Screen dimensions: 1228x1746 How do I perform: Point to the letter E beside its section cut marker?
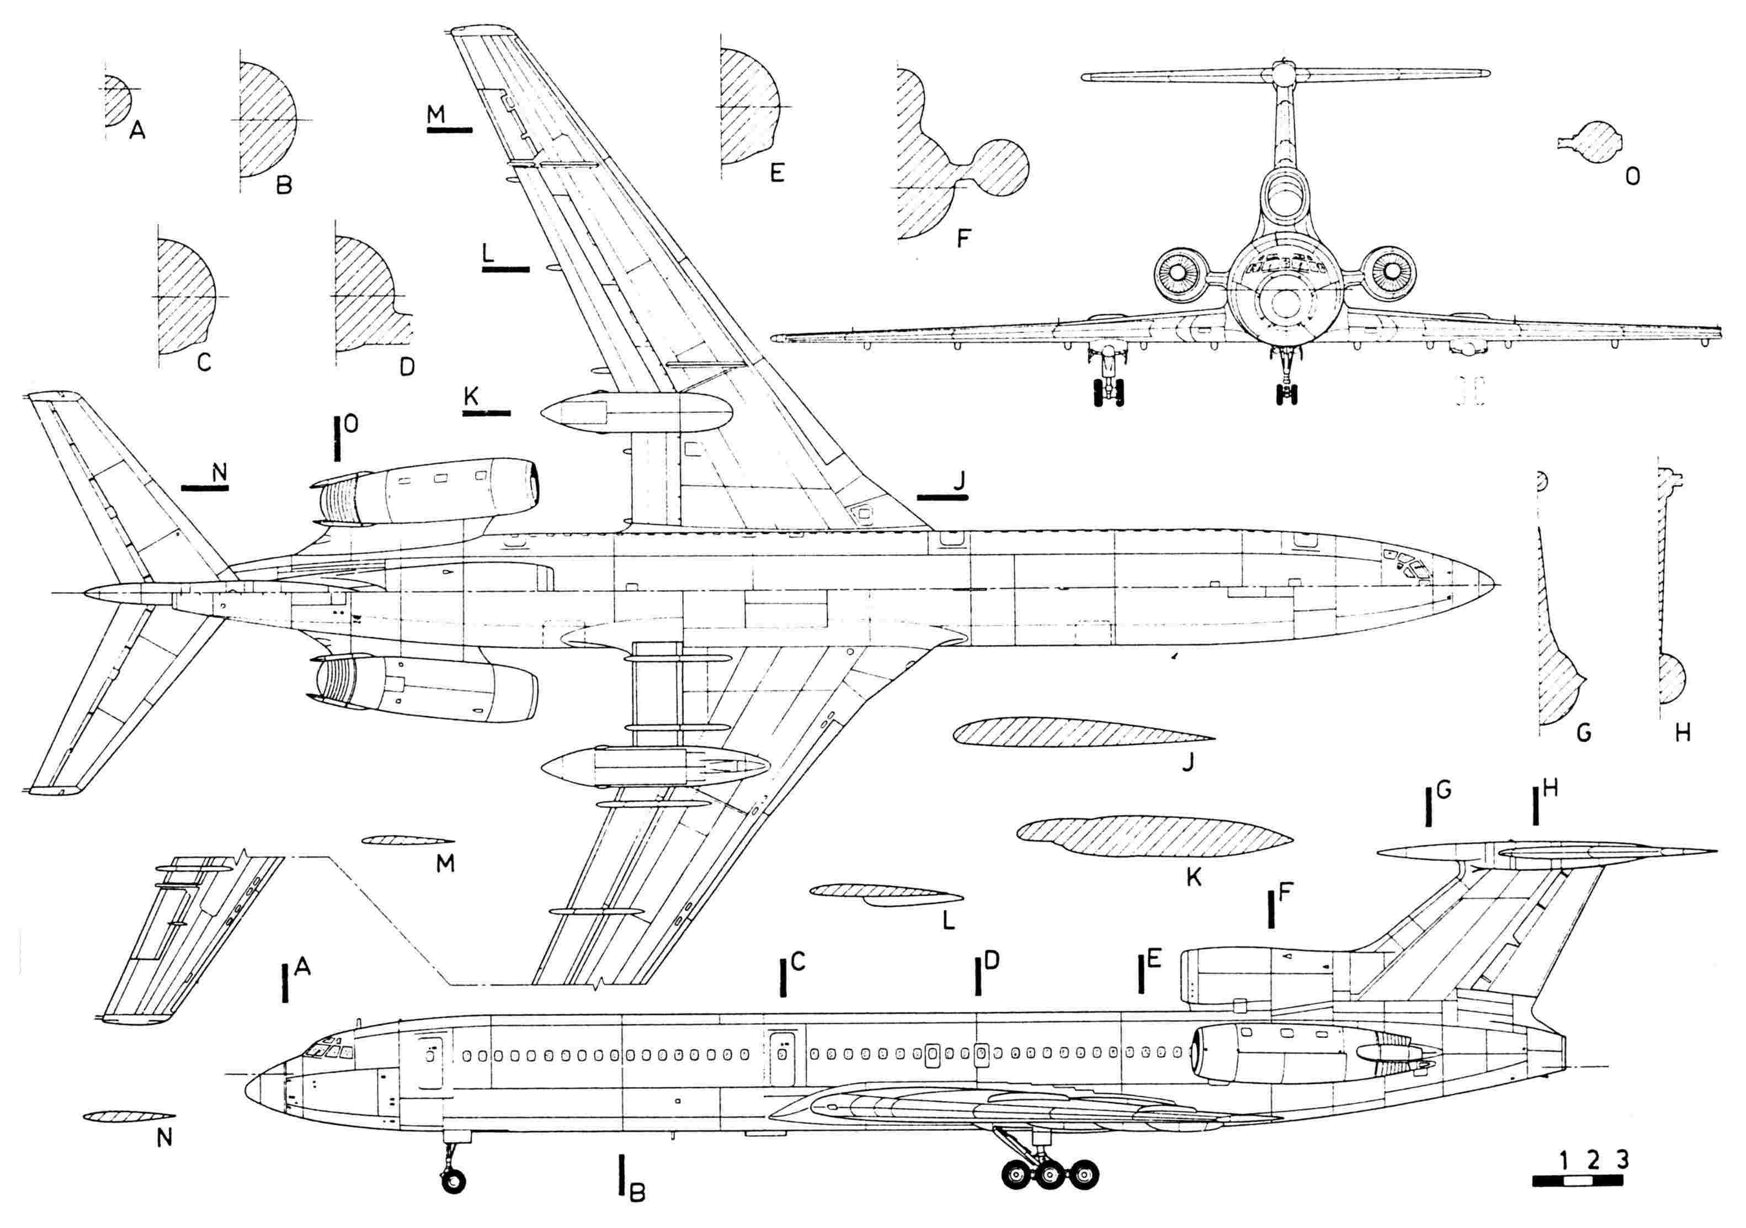[1153, 961]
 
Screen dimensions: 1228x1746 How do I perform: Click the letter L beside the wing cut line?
[488, 252]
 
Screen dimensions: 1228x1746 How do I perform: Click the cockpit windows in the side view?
[328, 1051]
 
